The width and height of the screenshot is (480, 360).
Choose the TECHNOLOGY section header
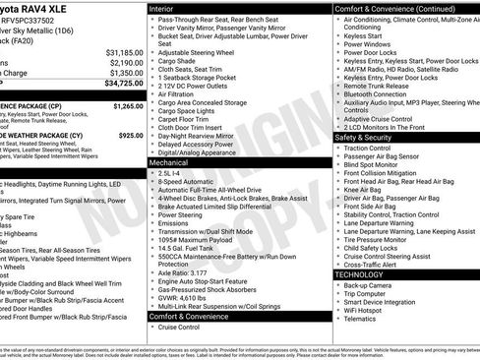tap(360, 274)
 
